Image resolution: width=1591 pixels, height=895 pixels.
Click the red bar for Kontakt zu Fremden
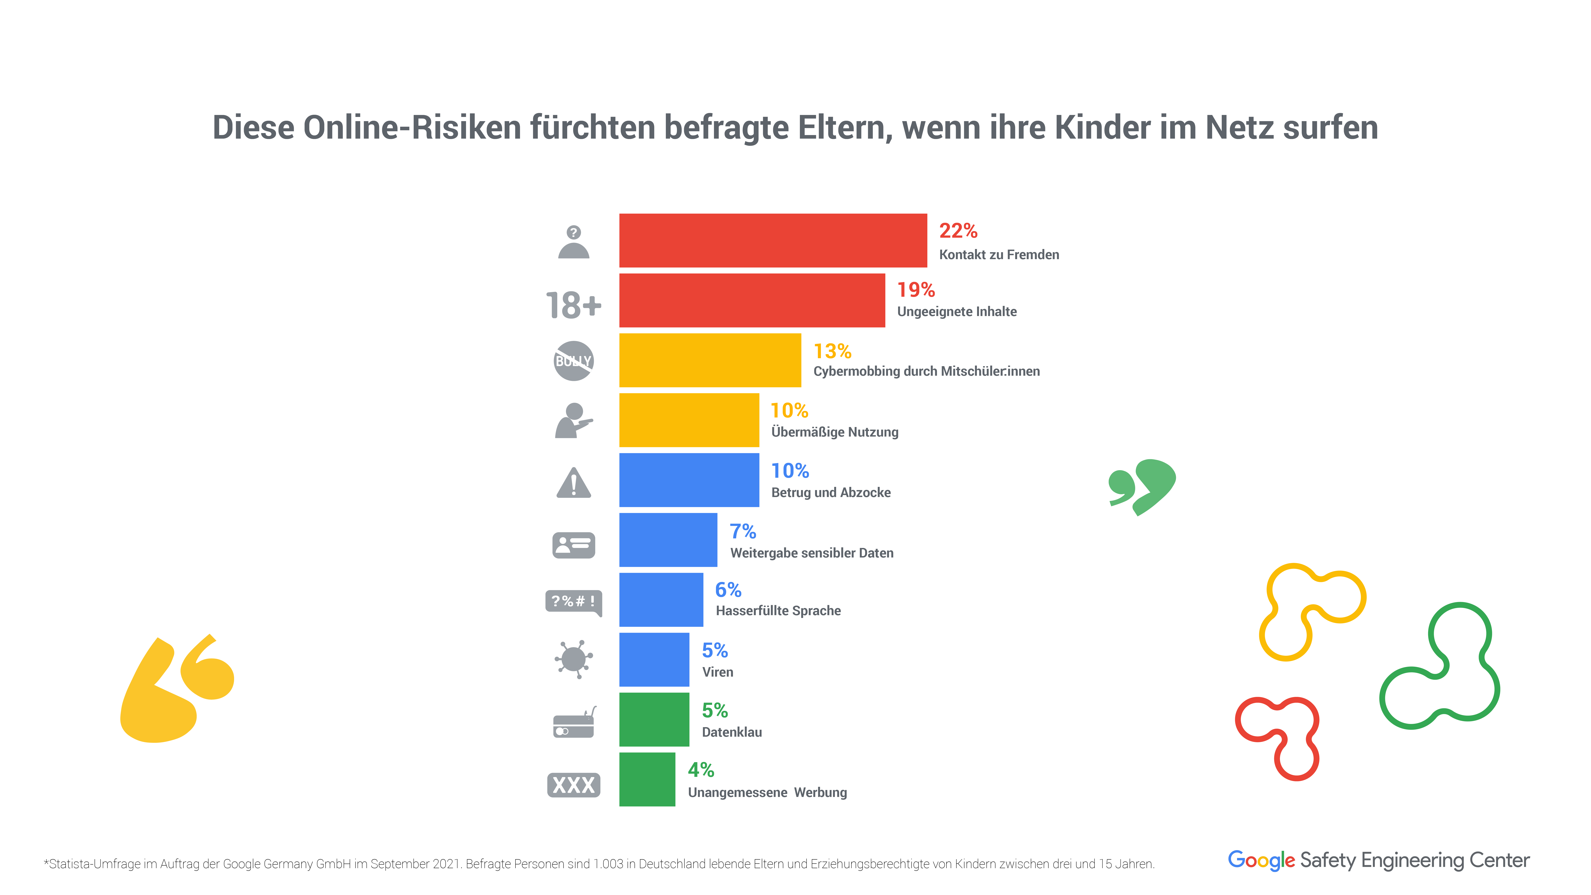point(773,240)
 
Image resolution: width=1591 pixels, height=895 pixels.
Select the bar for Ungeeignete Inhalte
point(752,300)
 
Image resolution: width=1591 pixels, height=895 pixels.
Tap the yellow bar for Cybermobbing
point(710,360)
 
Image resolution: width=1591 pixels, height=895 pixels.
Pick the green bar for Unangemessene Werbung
point(647,779)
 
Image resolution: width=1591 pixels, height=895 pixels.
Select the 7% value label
point(742,531)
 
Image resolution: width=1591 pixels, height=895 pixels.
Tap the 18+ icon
point(573,305)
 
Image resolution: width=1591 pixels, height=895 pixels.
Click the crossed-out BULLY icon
point(573,361)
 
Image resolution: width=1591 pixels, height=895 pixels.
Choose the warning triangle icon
point(573,483)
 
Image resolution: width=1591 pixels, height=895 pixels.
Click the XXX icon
point(573,785)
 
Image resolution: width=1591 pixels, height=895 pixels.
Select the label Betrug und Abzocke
point(831,492)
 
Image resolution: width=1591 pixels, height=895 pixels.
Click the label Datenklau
point(732,732)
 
